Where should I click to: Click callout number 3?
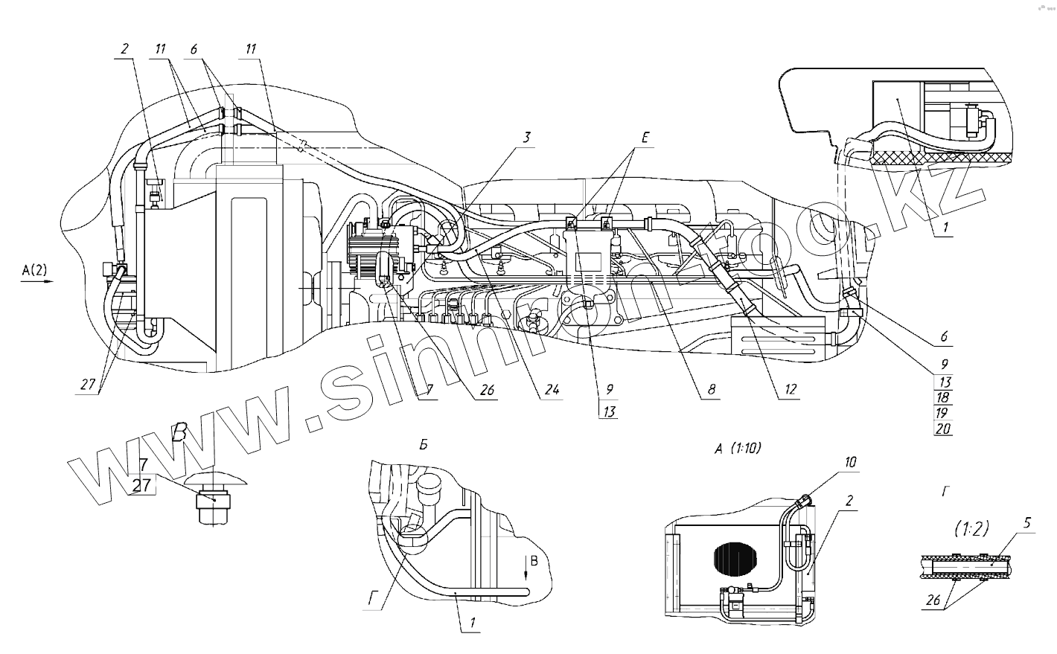point(526,137)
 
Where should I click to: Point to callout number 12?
point(790,388)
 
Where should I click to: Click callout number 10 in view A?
point(851,462)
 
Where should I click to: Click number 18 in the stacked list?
point(943,398)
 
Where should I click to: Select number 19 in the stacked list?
point(943,413)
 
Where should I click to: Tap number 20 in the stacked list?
point(943,429)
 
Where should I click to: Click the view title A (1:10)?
point(738,448)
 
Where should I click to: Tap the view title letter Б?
point(422,445)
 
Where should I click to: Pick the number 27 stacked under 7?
point(142,486)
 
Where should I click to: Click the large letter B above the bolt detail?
point(179,433)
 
